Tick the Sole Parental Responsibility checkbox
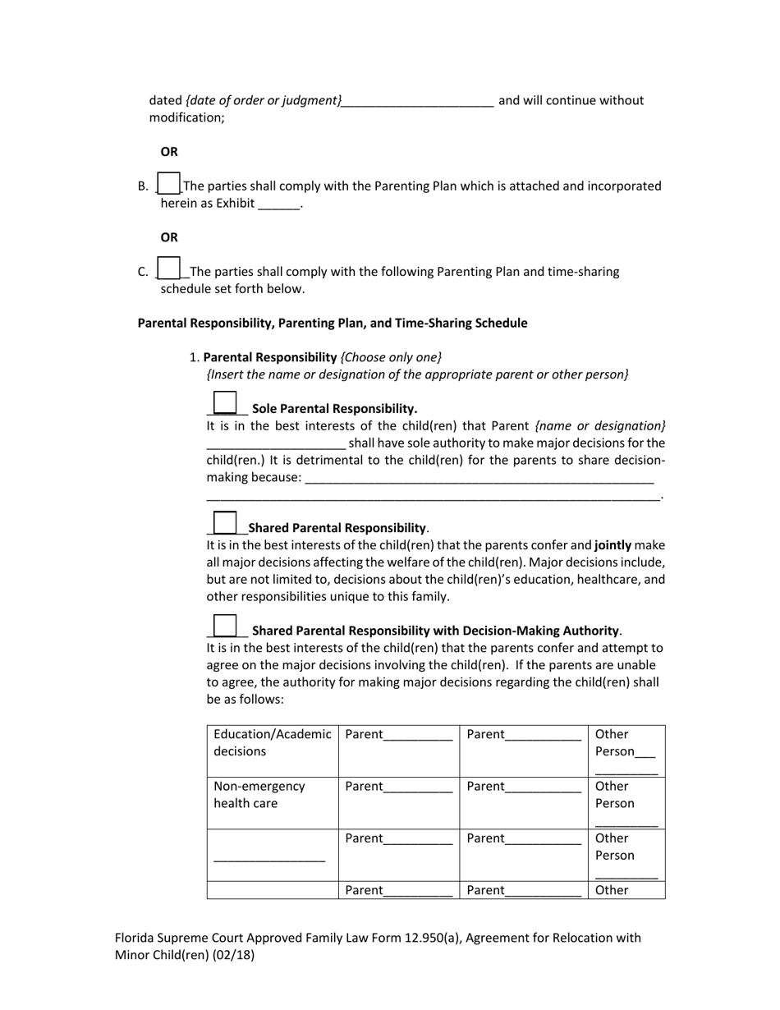224,402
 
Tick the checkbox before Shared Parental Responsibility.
224,522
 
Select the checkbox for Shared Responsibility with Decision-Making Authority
224,625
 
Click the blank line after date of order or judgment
417,102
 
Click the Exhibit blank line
279,204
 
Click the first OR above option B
169,152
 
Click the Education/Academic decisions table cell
273,743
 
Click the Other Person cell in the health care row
626,803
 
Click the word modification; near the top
186,117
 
